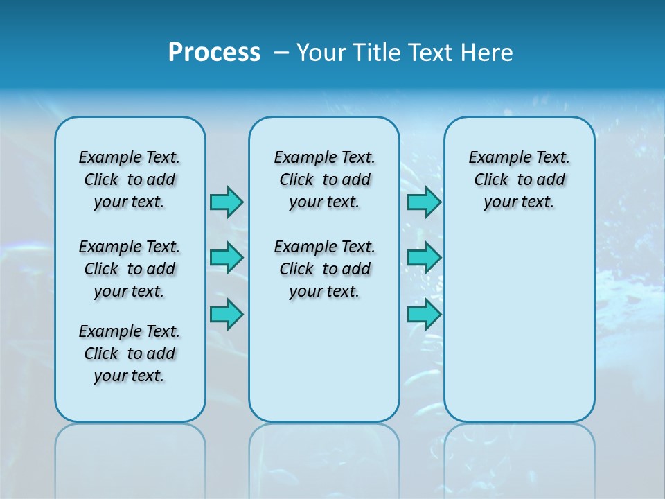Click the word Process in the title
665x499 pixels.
coord(214,53)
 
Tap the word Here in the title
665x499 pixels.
coord(486,53)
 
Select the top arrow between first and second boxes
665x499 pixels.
coord(227,202)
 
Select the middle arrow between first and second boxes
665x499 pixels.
coord(227,258)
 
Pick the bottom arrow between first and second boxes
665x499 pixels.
coord(227,314)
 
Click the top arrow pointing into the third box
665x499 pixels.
coord(424,202)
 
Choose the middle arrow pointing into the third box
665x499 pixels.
coord(424,258)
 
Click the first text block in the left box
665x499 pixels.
coord(130,180)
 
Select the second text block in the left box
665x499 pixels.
coord(130,269)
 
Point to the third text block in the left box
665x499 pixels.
coord(130,353)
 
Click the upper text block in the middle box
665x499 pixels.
coord(324,180)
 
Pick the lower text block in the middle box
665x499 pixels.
coord(324,269)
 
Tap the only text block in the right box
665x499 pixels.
coord(520,180)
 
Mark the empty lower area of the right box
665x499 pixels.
coord(520,326)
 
